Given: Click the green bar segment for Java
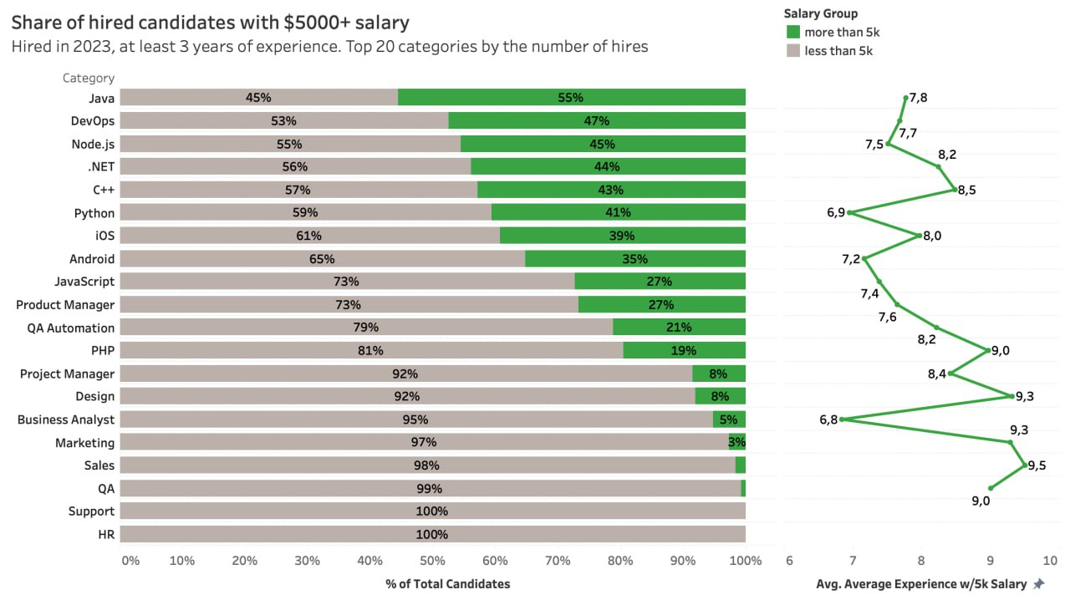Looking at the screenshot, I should [x=572, y=98].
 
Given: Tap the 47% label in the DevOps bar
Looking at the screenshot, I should [x=596, y=120].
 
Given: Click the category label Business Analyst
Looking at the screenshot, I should [x=66, y=419].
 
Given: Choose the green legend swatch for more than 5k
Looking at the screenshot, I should [x=793, y=32].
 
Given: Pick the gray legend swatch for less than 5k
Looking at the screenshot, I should [x=793, y=50].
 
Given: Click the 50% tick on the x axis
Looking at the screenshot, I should [x=432, y=560].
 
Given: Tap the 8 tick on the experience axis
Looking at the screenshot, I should [x=921, y=560].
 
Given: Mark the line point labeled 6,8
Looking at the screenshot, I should [x=842, y=419].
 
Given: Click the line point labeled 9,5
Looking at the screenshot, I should [x=1025, y=465].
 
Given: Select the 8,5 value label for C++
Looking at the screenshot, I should [x=967, y=190].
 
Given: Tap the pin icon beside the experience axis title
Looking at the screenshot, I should [x=1039, y=583].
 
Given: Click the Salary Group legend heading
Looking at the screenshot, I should [x=821, y=13].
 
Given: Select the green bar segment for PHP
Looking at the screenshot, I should [x=685, y=350].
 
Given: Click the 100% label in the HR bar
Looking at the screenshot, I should [x=431, y=534].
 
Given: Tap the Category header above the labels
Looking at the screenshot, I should [x=89, y=78].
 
